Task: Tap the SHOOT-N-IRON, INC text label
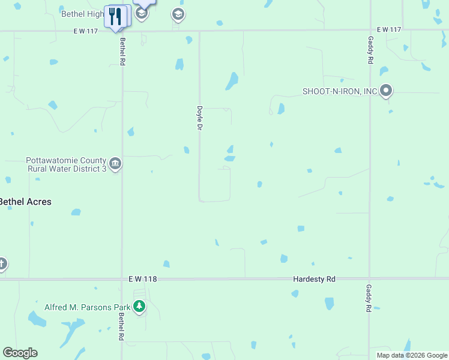point(340,91)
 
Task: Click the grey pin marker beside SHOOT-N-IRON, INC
point(386,91)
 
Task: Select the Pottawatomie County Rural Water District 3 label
point(66,165)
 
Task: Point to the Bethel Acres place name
point(25,202)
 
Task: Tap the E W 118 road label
point(142,279)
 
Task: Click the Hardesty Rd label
point(314,279)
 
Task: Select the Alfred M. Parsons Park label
point(88,307)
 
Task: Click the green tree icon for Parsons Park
point(139,307)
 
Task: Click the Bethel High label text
point(82,13)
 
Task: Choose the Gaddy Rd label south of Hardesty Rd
point(369,299)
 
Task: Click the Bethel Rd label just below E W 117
point(122,52)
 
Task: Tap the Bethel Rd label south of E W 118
point(121,327)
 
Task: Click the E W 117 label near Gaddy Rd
point(388,29)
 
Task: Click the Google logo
point(20,353)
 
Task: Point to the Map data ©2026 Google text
point(411,355)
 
